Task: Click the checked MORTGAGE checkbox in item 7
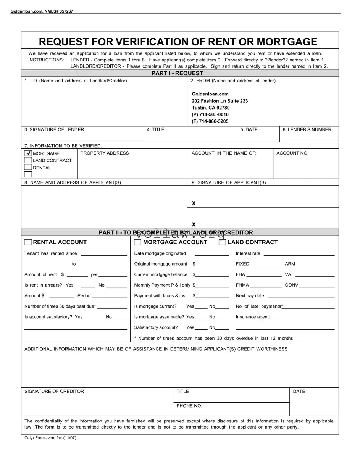[x=28, y=153]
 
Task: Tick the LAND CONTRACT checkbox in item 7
[x=28, y=160]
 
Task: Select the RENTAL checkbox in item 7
[x=28, y=168]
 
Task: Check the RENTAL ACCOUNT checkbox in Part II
[x=28, y=242]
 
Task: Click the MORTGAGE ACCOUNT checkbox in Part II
[x=138, y=242]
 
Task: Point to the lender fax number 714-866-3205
[x=210, y=121]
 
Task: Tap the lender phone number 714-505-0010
[x=210, y=114]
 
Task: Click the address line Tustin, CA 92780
[x=210, y=108]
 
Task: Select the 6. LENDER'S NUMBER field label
[x=307, y=130]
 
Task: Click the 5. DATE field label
[x=249, y=130]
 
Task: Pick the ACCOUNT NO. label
[x=292, y=153]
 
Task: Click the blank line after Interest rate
[x=299, y=253]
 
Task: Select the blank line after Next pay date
[x=301, y=296]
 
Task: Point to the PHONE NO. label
[x=189, y=406]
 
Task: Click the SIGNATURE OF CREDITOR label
[x=54, y=392]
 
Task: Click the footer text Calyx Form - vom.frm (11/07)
[x=50, y=438]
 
